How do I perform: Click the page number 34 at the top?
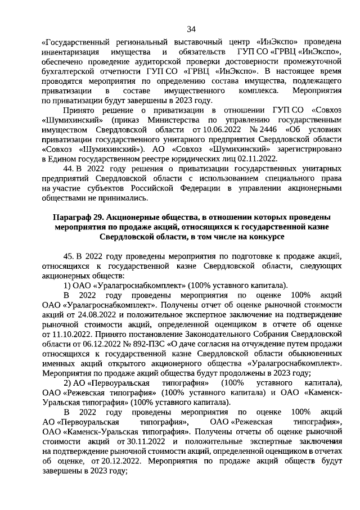click(x=191, y=29)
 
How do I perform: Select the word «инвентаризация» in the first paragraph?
click(x=73, y=52)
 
